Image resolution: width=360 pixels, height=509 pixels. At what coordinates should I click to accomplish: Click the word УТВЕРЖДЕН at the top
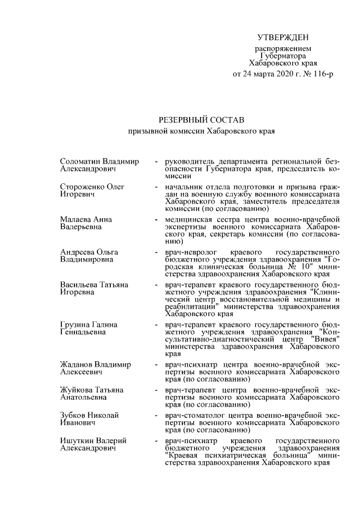click(x=283, y=38)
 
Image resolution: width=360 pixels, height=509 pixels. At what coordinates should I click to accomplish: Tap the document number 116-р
click(x=322, y=74)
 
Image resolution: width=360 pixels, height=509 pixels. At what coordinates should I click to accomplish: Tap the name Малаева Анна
click(x=85, y=219)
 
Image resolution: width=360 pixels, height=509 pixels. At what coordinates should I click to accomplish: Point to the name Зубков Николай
click(x=89, y=415)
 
